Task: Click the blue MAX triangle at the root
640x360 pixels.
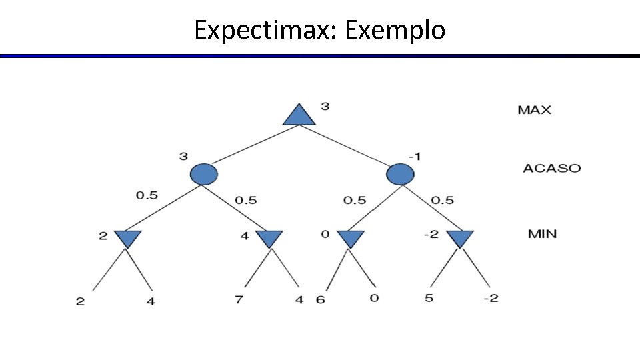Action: click(298, 116)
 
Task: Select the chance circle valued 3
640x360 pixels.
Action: click(204, 174)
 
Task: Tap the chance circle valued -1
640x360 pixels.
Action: click(399, 174)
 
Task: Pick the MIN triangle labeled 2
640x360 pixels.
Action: click(127, 238)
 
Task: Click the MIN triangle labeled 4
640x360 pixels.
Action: click(269, 238)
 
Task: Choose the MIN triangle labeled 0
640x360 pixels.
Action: click(350, 238)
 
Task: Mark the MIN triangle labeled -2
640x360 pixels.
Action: click(459, 238)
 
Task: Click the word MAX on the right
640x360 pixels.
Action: click(534, 110)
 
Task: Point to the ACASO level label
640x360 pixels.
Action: click(551, 168)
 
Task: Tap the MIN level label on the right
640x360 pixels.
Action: click(542, 234)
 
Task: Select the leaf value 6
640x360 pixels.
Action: click(321, 300)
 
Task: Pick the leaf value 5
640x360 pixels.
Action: click(429, 298)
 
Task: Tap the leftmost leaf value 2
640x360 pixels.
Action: click(80, 301)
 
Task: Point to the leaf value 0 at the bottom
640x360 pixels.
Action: click(374, 298)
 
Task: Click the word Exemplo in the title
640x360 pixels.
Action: click(395, 30)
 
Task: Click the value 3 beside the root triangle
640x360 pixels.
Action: click(325, 106)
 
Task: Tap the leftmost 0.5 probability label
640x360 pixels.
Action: click(147, 195)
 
